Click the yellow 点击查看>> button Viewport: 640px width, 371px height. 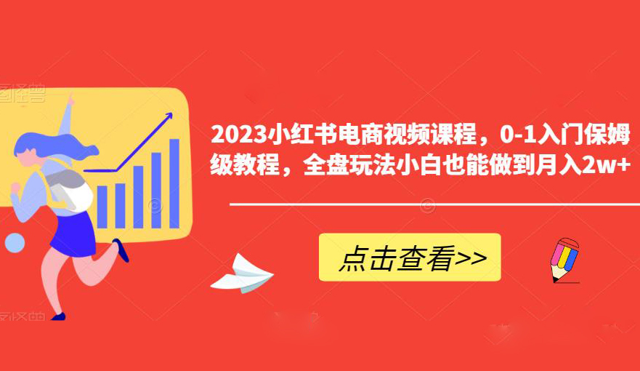[410, 258]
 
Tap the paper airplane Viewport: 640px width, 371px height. [242, 274]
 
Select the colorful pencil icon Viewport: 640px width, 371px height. [562, 258]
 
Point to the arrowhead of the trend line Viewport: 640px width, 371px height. [169, 116]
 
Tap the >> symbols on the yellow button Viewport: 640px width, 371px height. [471, 258]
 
